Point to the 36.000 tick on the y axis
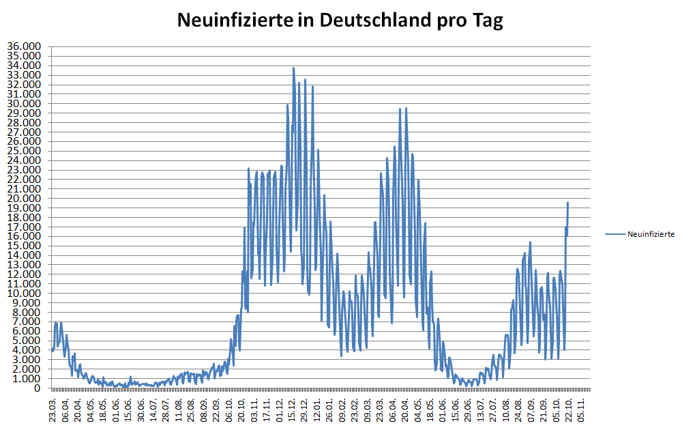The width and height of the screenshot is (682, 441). click(24, 47)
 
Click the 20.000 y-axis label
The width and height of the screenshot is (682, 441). click(24, 199)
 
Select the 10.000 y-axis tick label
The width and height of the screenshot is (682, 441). click(24, 294)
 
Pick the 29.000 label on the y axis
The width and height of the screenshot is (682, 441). click(24, 113)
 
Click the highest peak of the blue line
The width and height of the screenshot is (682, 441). click(293, 68)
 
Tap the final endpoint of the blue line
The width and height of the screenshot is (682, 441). click(567, 202)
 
